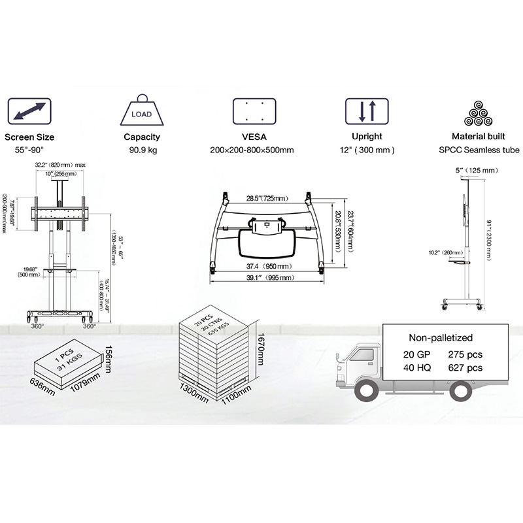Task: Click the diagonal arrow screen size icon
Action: click(x=29, y=112)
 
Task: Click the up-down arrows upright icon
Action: click(x=367, y=112)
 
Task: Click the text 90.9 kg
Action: click(x=142, y=150)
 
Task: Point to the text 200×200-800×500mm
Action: click(x=252, y=150)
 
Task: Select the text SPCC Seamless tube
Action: click(x=480, y=150)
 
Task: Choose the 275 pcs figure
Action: click(x=465, y=354)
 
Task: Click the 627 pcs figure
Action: click(x=465, y=368)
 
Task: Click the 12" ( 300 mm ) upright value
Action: click(x=367, y=150)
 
